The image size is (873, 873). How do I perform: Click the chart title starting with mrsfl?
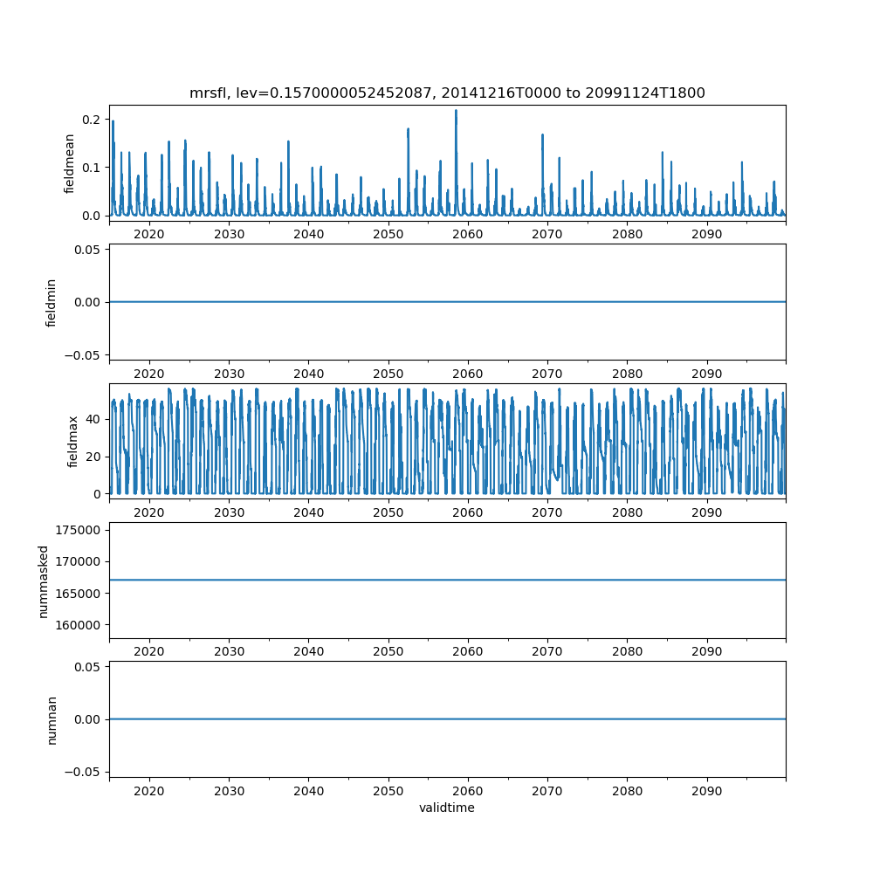tap(447, 93)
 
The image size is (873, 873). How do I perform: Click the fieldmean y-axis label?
tap(69, 163)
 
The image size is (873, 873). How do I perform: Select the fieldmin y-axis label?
tap(52, 302)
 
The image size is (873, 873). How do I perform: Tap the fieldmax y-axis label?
tap(73, 441)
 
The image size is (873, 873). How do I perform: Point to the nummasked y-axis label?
tap(43, 581)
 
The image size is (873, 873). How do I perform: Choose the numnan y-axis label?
tap(52, 719)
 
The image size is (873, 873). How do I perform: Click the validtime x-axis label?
tap(447, 808)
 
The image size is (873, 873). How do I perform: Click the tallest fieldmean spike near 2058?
tap(456, 111)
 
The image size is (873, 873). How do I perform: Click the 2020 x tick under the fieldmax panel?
tap(149, 512)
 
